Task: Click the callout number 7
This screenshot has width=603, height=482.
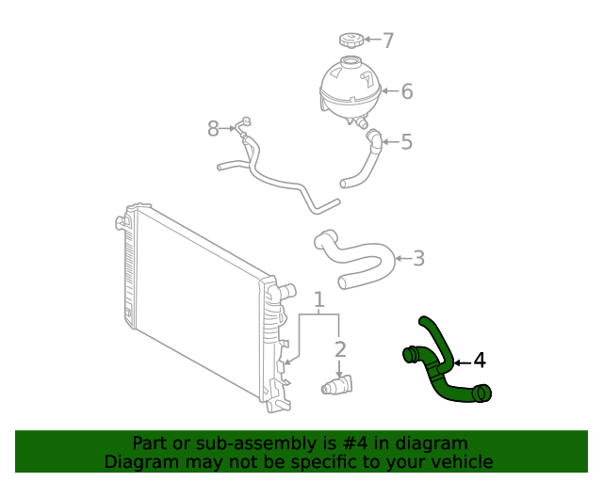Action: (387, 40)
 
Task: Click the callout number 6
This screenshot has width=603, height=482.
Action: (407, 91)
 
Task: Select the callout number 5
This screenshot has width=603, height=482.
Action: (406, 142)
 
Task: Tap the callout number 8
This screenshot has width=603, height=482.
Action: (213, 128)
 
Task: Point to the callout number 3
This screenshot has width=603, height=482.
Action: (418, 258)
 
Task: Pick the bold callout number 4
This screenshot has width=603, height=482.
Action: (479, 361)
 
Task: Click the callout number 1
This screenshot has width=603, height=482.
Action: (319, 300)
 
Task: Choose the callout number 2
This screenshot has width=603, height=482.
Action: (340, 349)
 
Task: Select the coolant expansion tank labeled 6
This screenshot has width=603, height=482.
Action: (350, 88)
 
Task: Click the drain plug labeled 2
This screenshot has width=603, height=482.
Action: (336, 386)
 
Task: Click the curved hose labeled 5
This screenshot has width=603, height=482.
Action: (366, 161)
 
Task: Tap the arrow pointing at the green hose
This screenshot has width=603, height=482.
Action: (461, 361)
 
